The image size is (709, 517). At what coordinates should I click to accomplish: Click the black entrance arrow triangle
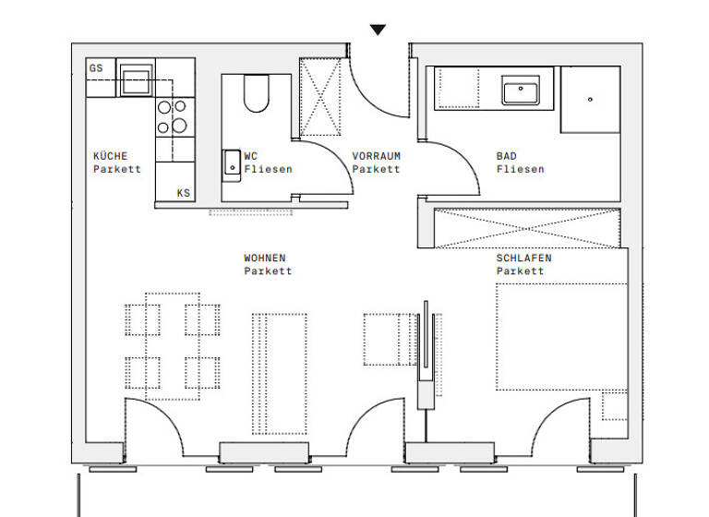click(378, 30)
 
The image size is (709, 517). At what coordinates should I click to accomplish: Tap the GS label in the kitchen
click(96, 68)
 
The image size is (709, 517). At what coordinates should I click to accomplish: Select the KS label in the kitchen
click(184, 193)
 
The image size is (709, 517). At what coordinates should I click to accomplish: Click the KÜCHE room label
click(111, 156)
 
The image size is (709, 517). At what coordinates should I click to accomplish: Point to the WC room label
click(250, 156)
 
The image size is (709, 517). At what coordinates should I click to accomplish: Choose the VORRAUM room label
click(376, 156)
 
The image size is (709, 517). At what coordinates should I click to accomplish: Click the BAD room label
click(506, 156)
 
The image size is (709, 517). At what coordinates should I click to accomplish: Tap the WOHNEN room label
click(264, 258)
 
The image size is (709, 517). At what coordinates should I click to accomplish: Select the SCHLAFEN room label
click(523, 258)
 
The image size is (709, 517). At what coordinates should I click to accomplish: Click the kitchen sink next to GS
click(135, 77)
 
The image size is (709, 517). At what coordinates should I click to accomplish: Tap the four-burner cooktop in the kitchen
click(172, 117)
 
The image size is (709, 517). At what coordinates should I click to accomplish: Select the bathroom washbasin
click(522, 91)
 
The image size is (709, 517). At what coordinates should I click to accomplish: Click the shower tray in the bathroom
click(590, 99)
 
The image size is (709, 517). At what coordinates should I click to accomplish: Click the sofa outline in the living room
click(280, 372)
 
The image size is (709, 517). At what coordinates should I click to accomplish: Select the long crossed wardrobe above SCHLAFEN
click(525, 228)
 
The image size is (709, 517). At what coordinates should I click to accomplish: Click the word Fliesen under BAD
click(520, 169)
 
